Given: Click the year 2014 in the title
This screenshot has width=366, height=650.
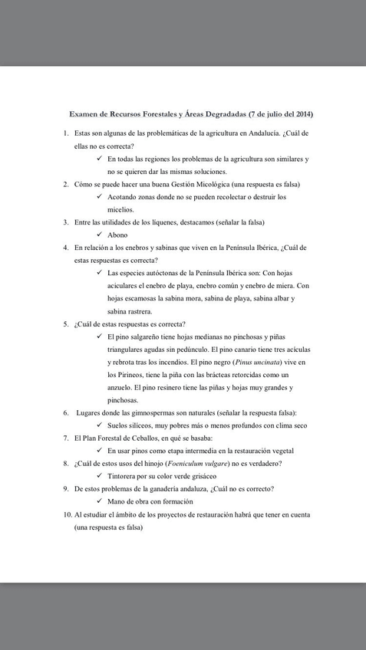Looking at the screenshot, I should [x=305, y=113].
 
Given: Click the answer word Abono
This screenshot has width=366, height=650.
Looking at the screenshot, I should [x=117, y=235].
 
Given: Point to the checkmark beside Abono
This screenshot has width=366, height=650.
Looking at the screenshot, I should [x=101, y=235].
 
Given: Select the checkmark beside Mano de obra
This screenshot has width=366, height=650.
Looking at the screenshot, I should [x=101, y=501].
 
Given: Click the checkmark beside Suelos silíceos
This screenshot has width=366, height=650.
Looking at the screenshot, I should [x=101, y=425].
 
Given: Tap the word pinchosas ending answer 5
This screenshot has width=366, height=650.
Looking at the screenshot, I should [x=123, y=400].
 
